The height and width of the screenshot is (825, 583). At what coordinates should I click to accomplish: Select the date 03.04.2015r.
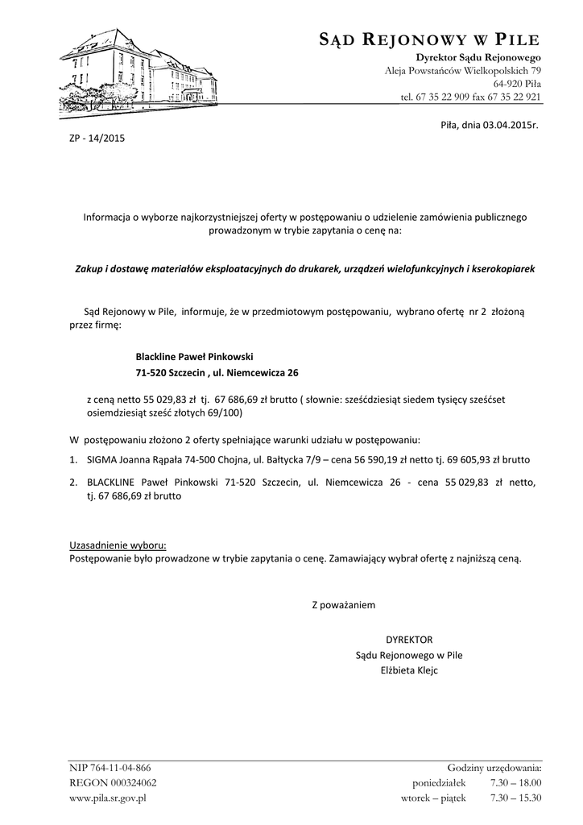[510, 126]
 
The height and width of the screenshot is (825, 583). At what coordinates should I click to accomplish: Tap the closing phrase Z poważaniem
[343, 603]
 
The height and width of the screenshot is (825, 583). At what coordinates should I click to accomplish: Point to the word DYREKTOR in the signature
[410, 639]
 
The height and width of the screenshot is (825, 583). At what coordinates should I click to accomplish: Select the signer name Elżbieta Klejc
[409, 670]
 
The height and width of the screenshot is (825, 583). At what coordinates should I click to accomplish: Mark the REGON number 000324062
[125, 782]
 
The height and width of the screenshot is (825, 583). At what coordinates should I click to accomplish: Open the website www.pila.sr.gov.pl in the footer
[108, 798]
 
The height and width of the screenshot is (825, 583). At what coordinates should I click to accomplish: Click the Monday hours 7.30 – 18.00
[515, 782]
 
